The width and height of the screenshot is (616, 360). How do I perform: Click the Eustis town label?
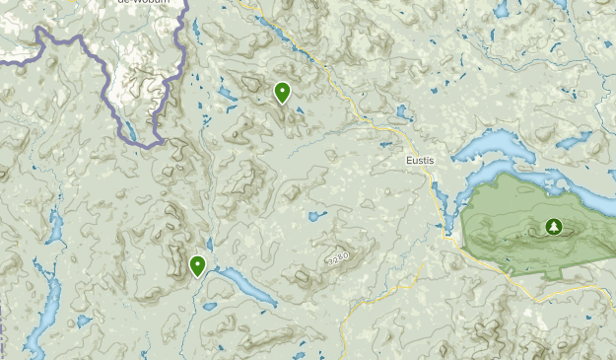pyautogui.click(x=420, y=161)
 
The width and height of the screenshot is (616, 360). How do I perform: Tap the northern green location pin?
pyautogui.click(x=283, y=93)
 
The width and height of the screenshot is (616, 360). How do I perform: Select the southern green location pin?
pyautogui.click(x=198, y=264)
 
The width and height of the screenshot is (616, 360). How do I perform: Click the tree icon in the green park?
pyautogui.click(x=552, y=228)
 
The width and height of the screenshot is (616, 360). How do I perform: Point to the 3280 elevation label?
pyautogui.click(x=336, y=258)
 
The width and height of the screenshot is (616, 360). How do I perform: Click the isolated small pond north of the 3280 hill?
pyautogui.click(x=316, y=215)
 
